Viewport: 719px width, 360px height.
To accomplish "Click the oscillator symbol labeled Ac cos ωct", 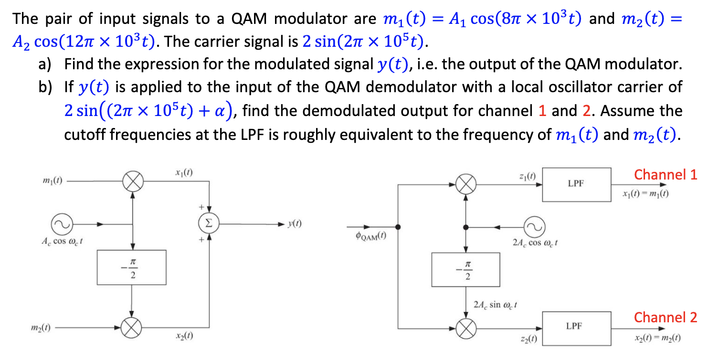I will pos(61,223).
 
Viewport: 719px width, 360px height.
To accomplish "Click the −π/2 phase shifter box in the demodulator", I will pos(465,270).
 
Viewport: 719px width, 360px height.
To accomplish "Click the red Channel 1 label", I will pos(666,175).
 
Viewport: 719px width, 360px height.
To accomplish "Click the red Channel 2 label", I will pos(666,318).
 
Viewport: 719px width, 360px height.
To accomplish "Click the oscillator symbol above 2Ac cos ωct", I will pos(533,226).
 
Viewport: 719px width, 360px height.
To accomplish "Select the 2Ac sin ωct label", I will pos(495,304).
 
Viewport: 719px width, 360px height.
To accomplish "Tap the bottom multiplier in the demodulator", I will pos(465,328).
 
